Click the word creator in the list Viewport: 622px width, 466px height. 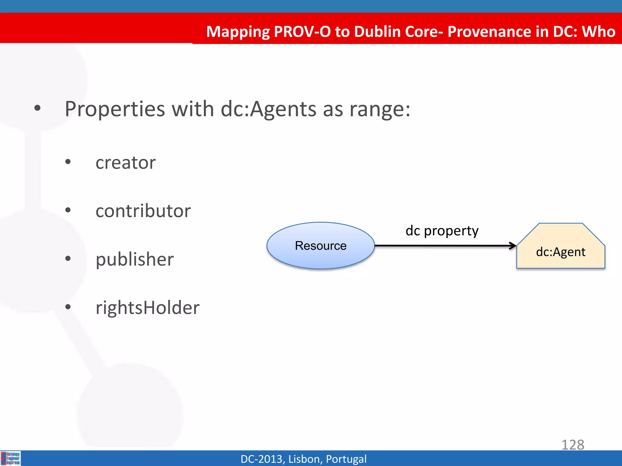pyautogui.click(x=125, y=163)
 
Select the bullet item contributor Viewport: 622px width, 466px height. pyautogui.click(x=143, y=211)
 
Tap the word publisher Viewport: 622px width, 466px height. pyautogui.click(x=135, y=260)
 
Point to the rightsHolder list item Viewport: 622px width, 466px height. pyautogui.click(x=148, y=308)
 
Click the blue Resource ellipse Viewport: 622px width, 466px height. pyautogui.click(x=320, y=245)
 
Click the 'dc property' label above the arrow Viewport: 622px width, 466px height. pyautogui.click(x=442, y=231)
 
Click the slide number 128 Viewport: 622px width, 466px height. pyautogui.click(x=572, y=445)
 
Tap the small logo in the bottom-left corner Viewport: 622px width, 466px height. pyautogui.click(x=11, y=458)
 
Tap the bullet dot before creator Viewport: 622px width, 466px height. pyautogui.click(x=68, y=162)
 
